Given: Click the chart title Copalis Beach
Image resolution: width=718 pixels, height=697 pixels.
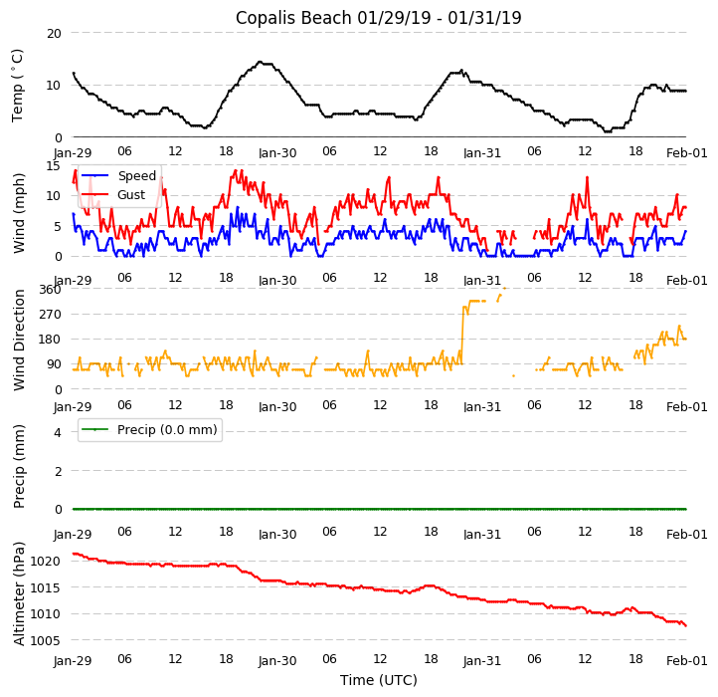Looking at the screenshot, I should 378,18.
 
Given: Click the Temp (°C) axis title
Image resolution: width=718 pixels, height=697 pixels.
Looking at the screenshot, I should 18,86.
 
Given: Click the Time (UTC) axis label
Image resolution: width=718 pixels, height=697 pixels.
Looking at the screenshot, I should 378,680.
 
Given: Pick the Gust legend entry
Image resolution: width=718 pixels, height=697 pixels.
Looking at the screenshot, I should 130,195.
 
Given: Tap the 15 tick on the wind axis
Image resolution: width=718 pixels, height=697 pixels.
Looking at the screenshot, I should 54,166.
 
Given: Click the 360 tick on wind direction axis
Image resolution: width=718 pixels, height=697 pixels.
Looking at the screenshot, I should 49,290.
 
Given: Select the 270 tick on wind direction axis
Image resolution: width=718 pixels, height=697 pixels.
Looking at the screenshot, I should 49,315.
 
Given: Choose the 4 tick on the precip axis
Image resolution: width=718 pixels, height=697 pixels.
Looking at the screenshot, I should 58,433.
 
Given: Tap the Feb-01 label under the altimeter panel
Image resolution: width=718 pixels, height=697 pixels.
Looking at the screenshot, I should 686,661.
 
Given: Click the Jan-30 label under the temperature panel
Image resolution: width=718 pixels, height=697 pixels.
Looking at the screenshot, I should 277,153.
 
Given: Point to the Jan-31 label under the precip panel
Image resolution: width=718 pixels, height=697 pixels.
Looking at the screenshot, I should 482,535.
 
